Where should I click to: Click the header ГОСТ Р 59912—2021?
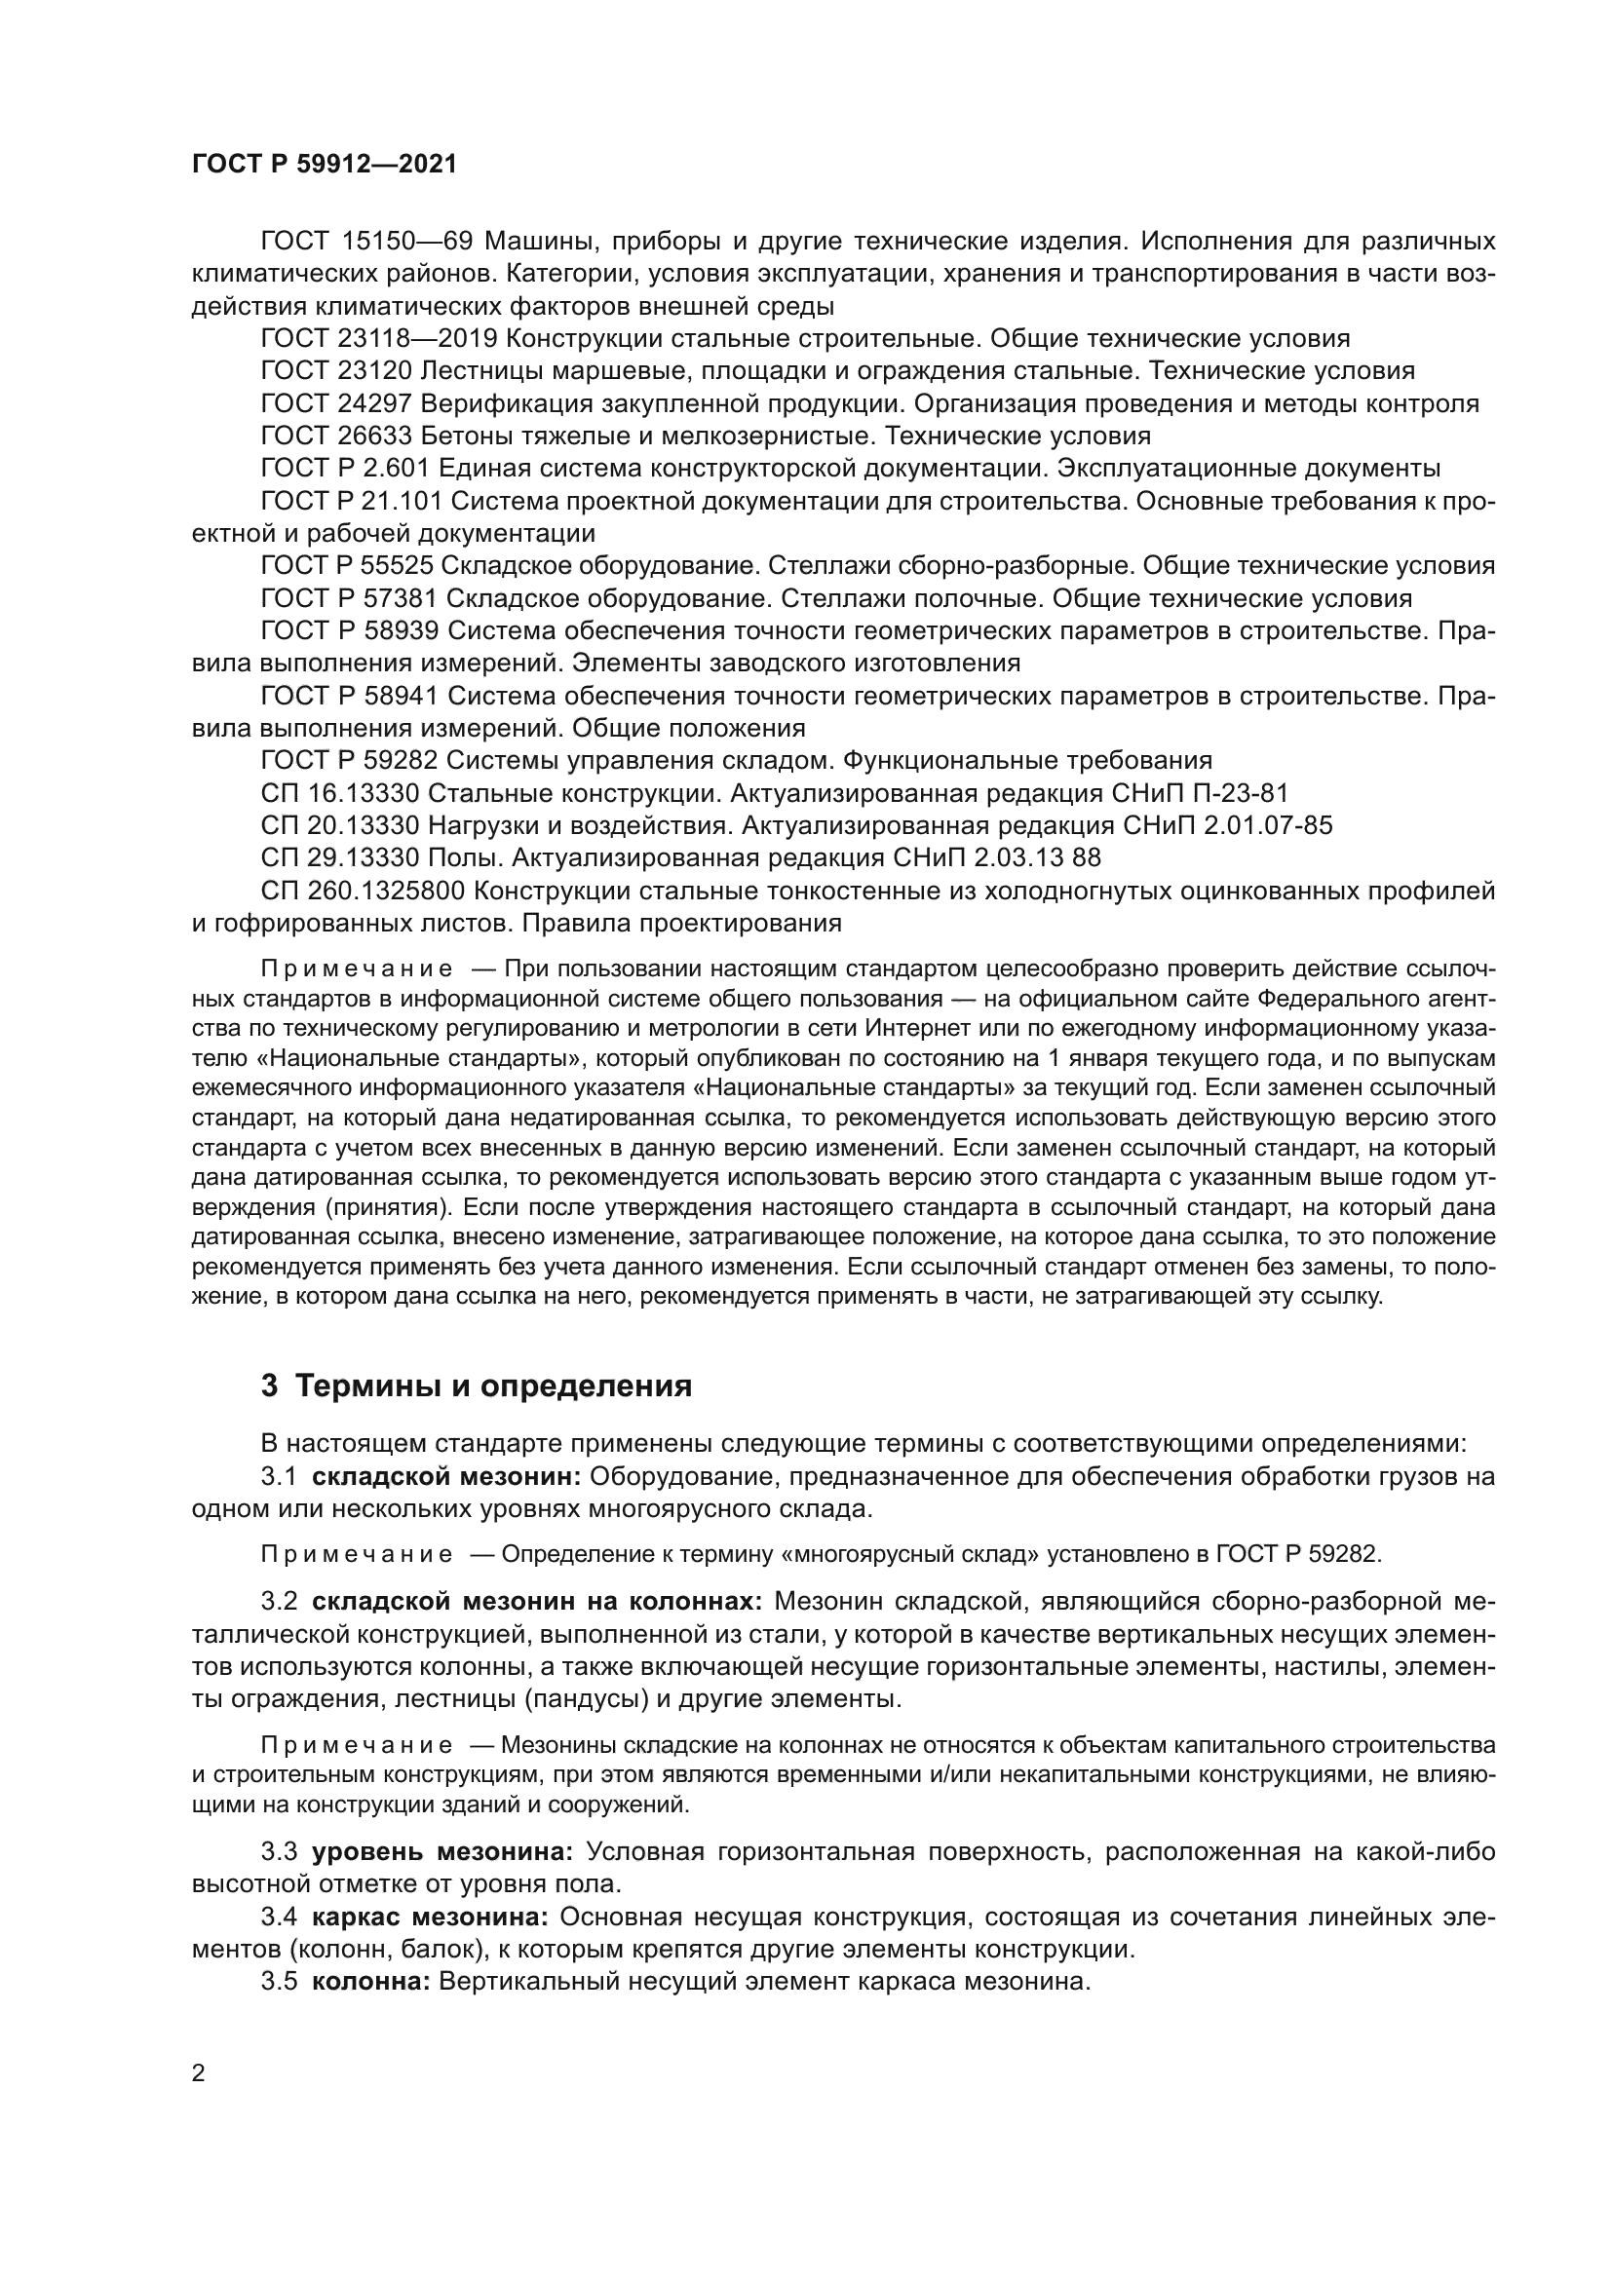(325, 165)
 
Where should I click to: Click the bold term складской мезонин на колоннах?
(537, 1601)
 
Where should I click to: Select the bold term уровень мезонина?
(442, 1851)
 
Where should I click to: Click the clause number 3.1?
(279, 1476)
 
